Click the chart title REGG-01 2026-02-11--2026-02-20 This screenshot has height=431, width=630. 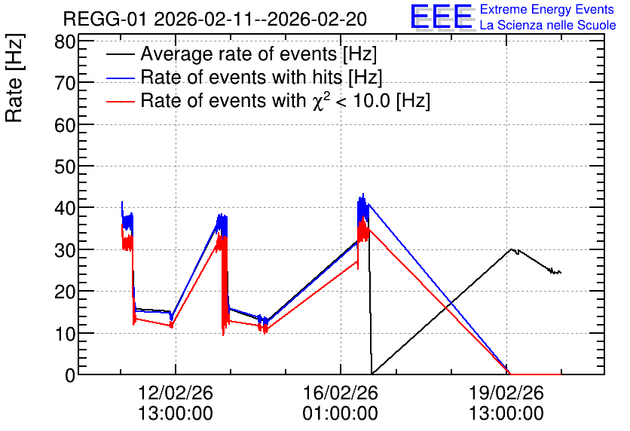pyautogui.click(x=215, y=19)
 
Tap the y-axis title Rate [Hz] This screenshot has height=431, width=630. pyautogui.click(x=15, y=78)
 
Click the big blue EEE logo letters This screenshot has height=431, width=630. pyautogui.click(x=441, y=17)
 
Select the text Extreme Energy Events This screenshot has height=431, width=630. pyautogui.click(x=547, y=9)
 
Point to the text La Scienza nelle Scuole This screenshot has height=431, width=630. pyautogui.click(x=548, y=25)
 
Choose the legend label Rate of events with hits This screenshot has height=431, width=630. pyautogui.click(x=261, y=77)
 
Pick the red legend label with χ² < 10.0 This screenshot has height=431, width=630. pyautogui.click(x=286, y=99)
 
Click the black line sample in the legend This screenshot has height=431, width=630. pyautogui.click(x=121, y=54)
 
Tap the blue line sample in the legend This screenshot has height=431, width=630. pyautogui.click(x=121, y=78)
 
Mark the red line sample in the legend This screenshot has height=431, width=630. pyautogui.click(x=121, y=101)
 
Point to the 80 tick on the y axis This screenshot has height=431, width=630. pyautogui.click(x=65, y=41)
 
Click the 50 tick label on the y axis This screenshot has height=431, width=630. pyautogui.click(x=65, y=167)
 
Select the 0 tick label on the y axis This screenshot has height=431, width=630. pyautogui.click(x=70, y=375)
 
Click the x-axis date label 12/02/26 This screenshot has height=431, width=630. pyautogui.click(x=175, y=393)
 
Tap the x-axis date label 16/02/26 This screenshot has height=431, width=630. pyautogui.click(x=341, y=393)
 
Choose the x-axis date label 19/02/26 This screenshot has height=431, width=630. pyautogui.click(x=506, y=393)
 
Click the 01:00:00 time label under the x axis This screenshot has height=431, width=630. pyautogui.click(x=341, y=414)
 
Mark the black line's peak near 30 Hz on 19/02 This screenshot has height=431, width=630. pyautogui.click(x=512, y=249)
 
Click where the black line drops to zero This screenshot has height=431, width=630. pyautogui.click(x=372, y=374)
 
